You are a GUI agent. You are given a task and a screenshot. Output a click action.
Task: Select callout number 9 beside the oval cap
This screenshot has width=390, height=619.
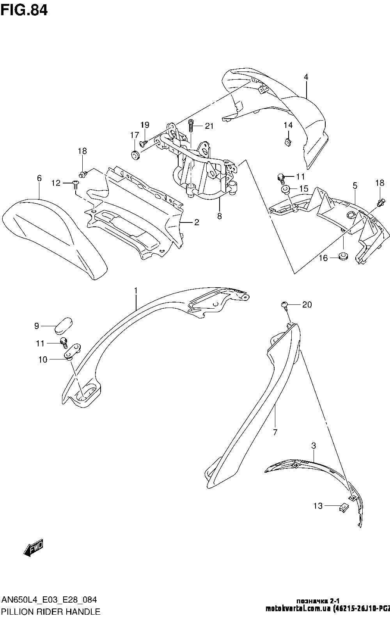click(36, 325)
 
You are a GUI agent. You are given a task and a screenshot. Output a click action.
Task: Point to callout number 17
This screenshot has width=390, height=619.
click(134, 135)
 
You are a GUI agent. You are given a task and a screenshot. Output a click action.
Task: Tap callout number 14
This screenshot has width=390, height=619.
click(288, 125)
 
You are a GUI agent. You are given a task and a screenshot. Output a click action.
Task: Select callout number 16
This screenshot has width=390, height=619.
click(323, 258)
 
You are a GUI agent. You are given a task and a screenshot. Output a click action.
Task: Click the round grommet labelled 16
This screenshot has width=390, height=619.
click(344, 257)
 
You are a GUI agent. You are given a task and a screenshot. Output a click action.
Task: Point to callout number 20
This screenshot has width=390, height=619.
click(307, 305)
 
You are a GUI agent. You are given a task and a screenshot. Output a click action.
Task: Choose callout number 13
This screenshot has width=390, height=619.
click(318, 506)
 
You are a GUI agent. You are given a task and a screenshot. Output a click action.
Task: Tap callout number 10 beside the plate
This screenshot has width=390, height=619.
click(43, 359)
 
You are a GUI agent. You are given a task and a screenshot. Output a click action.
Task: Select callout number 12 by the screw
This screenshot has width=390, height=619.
click(56, 183)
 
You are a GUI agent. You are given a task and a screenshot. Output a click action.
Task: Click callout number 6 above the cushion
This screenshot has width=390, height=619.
click(39, 178)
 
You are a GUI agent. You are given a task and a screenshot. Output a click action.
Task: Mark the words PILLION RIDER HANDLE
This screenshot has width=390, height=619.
click(51, 611)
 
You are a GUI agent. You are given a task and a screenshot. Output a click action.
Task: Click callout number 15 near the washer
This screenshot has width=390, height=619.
click(303, 189)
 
